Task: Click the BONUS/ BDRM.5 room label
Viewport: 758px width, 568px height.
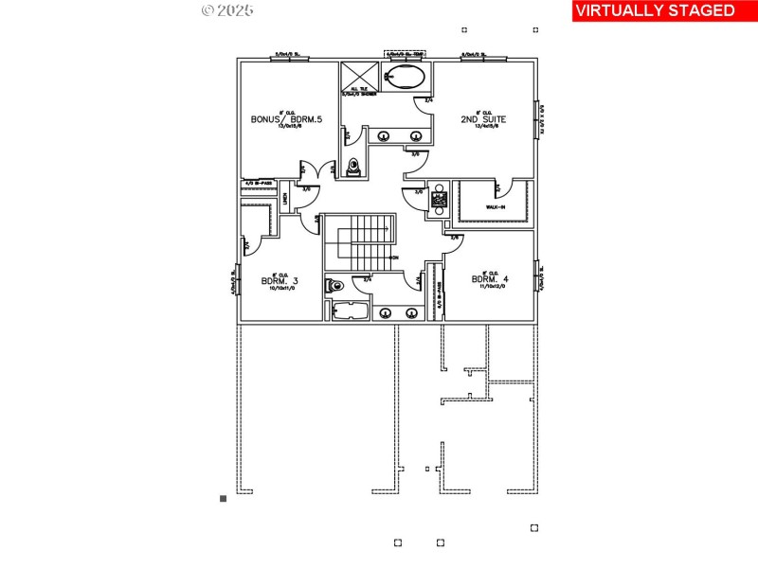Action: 286,119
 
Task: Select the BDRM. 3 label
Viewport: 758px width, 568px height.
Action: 280,280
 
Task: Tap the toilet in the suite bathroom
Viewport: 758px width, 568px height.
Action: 354,168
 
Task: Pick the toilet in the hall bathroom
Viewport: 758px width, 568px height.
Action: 334,285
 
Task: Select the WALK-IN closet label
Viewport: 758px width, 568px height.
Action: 496,206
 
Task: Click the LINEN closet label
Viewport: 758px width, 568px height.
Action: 283,199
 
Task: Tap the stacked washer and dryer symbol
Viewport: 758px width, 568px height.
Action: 439,200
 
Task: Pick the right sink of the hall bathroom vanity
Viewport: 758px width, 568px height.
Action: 411,312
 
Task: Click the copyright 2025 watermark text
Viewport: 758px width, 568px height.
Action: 228,10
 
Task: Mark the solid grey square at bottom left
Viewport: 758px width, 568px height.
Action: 224,497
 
